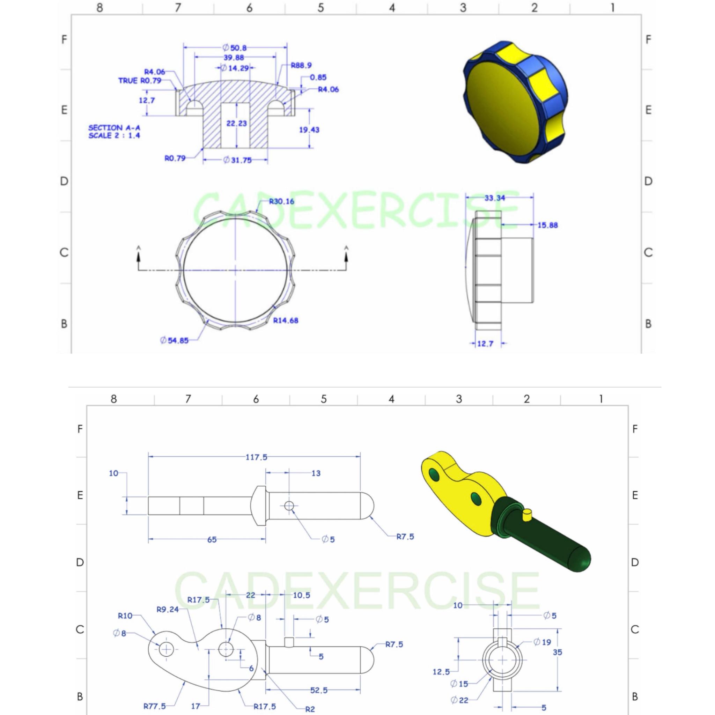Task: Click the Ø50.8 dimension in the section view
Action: tap(235, 48)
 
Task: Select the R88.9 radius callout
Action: tap(301, 66)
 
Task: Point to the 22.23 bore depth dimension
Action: tap(236, 123)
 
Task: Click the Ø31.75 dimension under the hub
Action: tap(237, 160)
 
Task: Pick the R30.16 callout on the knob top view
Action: tap(281, 201)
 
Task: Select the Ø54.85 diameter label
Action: tap(174, 340)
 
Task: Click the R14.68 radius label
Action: tap(285, 320)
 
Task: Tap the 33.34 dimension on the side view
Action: tap(494, 198)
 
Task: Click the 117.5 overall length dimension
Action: tap(256, 457)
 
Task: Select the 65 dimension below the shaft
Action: tap(212, 540)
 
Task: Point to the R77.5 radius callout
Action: tap(155, 706)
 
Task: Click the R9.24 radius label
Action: tap(168, 609)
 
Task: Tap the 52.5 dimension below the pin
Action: tap(319, 690)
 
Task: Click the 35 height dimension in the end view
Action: tap(557, 662)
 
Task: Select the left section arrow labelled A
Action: tap(139, 254)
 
